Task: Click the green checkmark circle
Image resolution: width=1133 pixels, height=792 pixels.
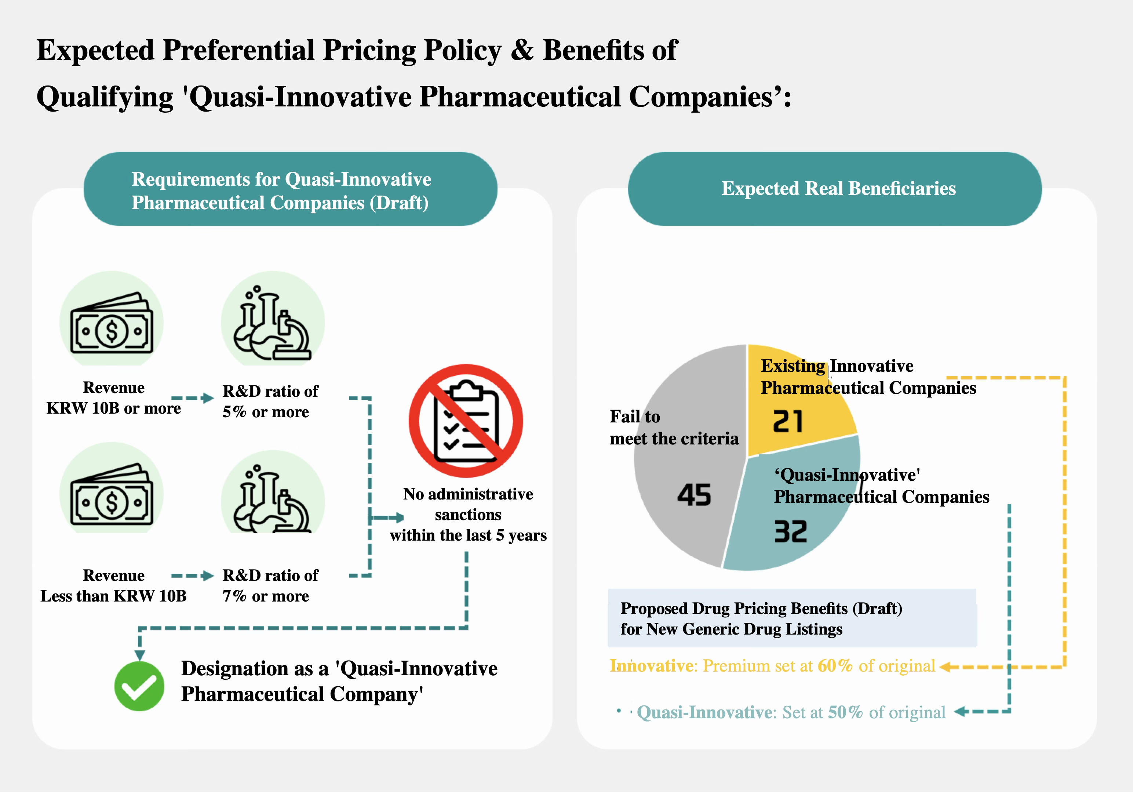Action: tap(139, 686)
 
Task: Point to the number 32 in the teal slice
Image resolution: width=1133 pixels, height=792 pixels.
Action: tap(790, 531)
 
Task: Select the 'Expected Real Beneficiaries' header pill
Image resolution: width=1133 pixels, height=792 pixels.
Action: tap(834, 189)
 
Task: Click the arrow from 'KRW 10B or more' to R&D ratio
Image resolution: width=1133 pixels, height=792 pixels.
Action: tap(193, 398)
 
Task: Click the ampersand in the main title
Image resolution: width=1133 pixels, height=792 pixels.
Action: tap(522, 50)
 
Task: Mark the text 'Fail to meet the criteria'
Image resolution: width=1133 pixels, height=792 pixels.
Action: tap(674, 427)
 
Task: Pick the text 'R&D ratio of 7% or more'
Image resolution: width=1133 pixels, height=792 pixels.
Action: tap(270, 586)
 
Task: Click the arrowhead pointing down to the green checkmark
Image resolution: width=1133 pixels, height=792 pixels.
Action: tap(140, 655)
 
